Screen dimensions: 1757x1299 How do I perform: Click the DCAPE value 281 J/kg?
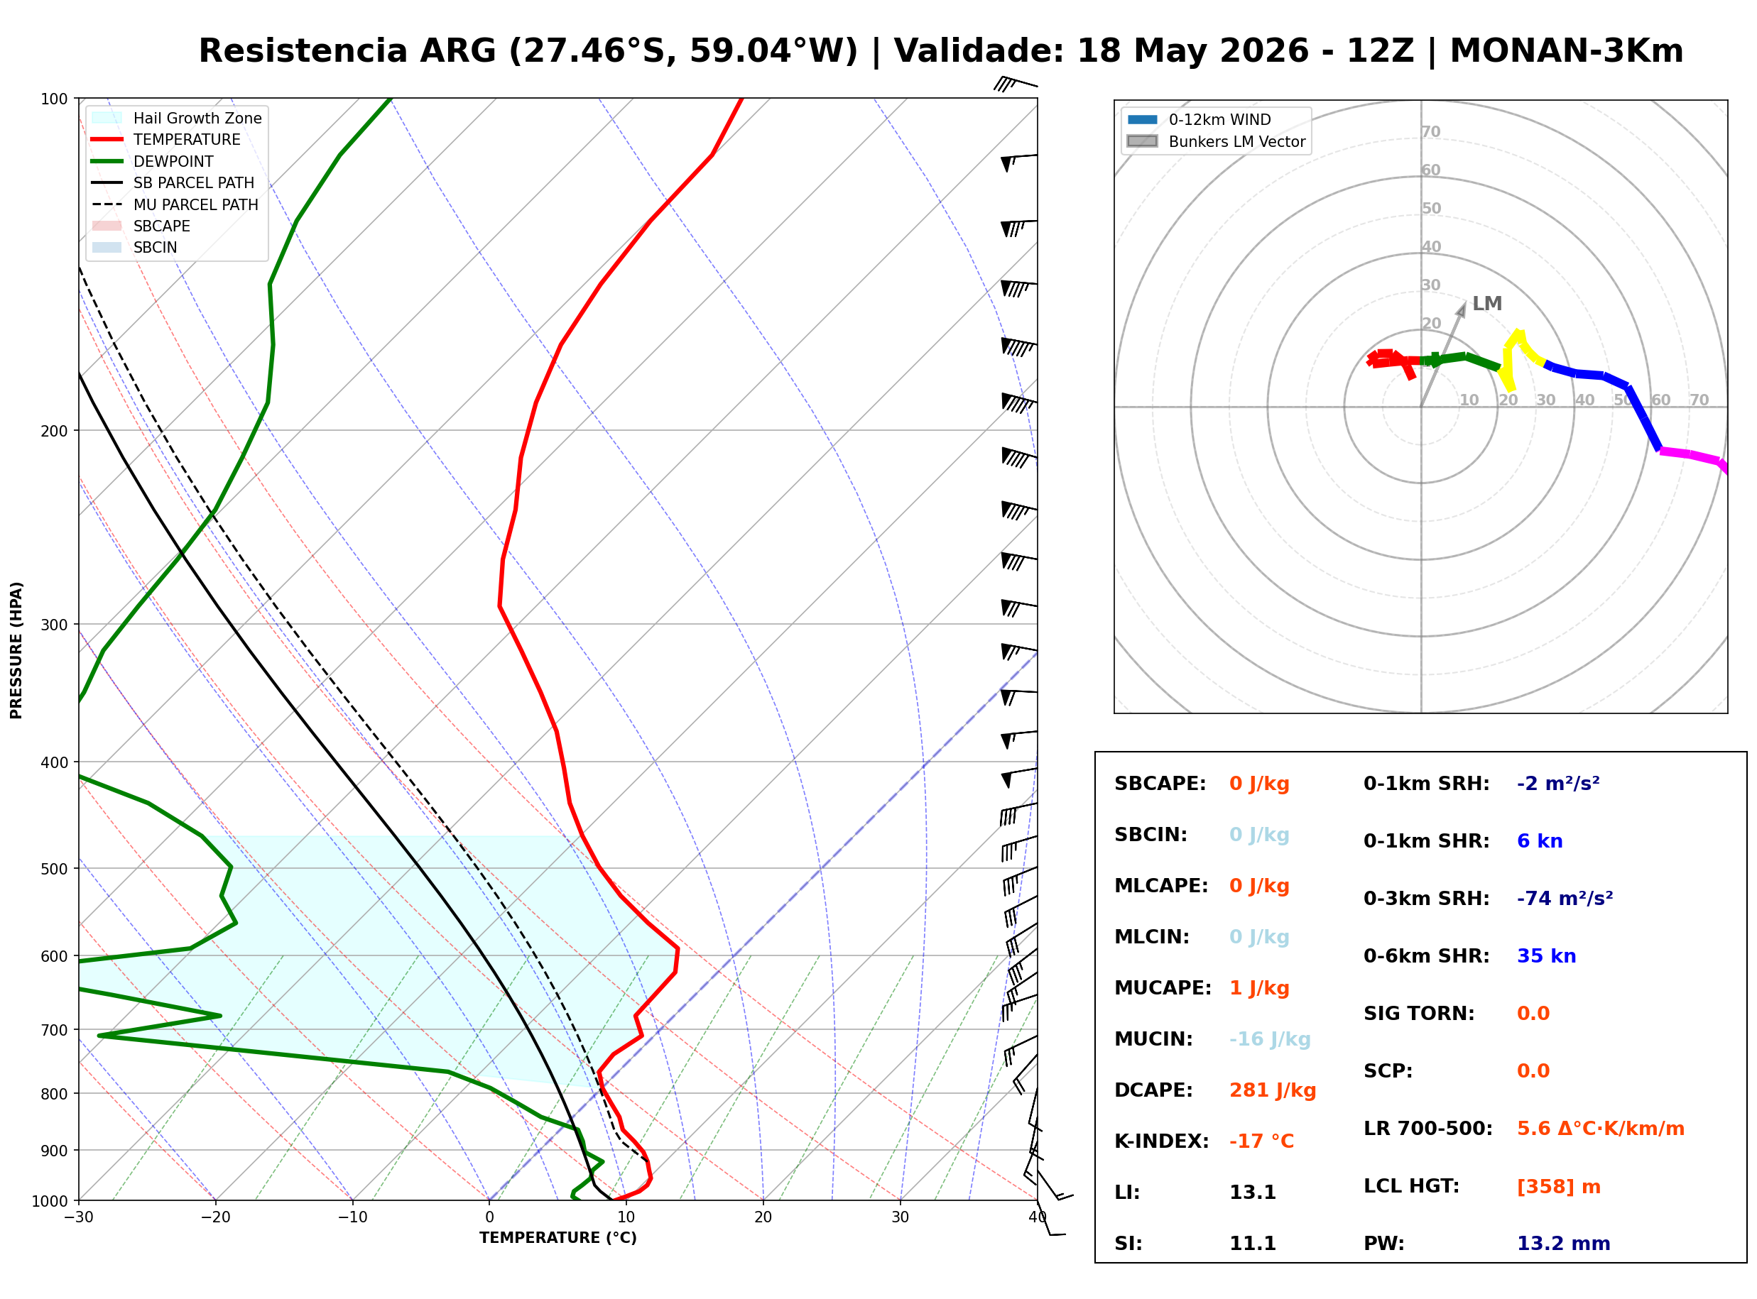coord(1272,1090)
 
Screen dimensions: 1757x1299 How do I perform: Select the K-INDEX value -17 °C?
coord(1261,1141)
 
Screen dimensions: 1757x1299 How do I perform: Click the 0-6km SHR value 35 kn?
coord(1545,956)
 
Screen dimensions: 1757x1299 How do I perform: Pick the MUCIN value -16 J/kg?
coord(1269,1038)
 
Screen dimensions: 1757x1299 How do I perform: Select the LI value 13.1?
coord(1252,1192)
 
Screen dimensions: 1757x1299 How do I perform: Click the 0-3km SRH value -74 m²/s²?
coord(1565,898)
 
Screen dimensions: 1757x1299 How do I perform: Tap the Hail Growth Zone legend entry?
coord(177,118)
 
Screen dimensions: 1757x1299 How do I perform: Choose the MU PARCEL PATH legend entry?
coord(175,204)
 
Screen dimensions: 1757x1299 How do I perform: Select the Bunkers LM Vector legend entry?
coord(1216,141)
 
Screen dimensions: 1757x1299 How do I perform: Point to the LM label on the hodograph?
coord(1486,304)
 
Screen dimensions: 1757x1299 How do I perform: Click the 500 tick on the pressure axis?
coord(54,869)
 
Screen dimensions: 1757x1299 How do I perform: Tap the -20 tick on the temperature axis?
coord(214,1217)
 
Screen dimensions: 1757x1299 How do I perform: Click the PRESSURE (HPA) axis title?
coord(16,649)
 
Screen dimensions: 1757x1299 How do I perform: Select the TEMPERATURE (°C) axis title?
coord(557,1238)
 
